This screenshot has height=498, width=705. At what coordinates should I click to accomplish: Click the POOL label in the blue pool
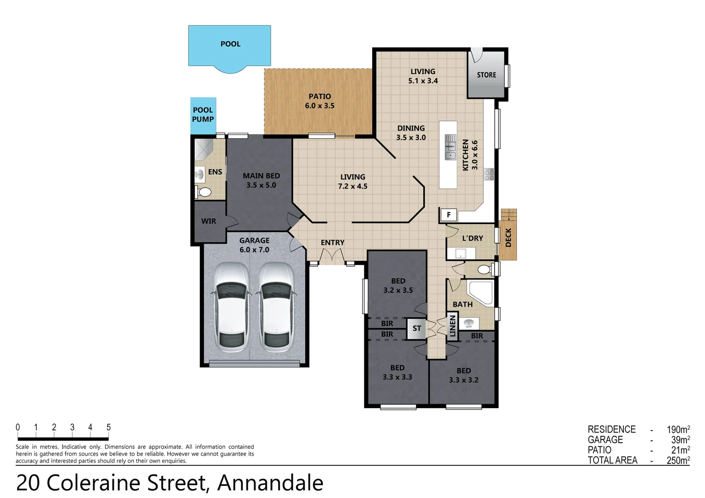pos(231,44)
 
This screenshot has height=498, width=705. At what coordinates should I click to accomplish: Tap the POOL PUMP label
pos(203,114)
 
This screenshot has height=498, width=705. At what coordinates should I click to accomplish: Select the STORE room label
pos(486,75)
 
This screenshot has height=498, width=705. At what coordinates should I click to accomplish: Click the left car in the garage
pos(231,307)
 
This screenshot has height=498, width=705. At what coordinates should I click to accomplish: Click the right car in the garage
pos(276,307)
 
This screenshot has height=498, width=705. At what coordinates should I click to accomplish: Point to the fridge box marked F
pos(449,214)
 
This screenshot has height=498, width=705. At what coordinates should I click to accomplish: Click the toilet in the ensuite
pos(203,191)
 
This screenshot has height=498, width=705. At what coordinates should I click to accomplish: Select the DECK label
pos(508,237)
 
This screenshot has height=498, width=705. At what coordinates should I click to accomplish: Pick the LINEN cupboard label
pos(452,326)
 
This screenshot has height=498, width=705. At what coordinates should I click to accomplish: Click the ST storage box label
pos(417,328)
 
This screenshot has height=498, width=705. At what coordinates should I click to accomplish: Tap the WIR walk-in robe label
pos(208,221)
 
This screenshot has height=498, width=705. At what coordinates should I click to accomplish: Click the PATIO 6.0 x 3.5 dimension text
pos(320,106)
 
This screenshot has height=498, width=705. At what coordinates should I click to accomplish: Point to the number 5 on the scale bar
pos(108,427)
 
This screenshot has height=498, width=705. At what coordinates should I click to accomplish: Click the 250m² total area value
pos(678,460)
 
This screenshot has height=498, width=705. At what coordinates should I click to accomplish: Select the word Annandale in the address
pos(270,483)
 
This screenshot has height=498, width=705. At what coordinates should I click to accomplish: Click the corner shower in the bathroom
pos(480,292)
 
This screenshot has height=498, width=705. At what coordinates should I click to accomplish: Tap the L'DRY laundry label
pos(473,238)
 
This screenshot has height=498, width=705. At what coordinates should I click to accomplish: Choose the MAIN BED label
pos(261,176)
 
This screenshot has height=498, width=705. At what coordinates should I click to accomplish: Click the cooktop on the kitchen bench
pos(489,174)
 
